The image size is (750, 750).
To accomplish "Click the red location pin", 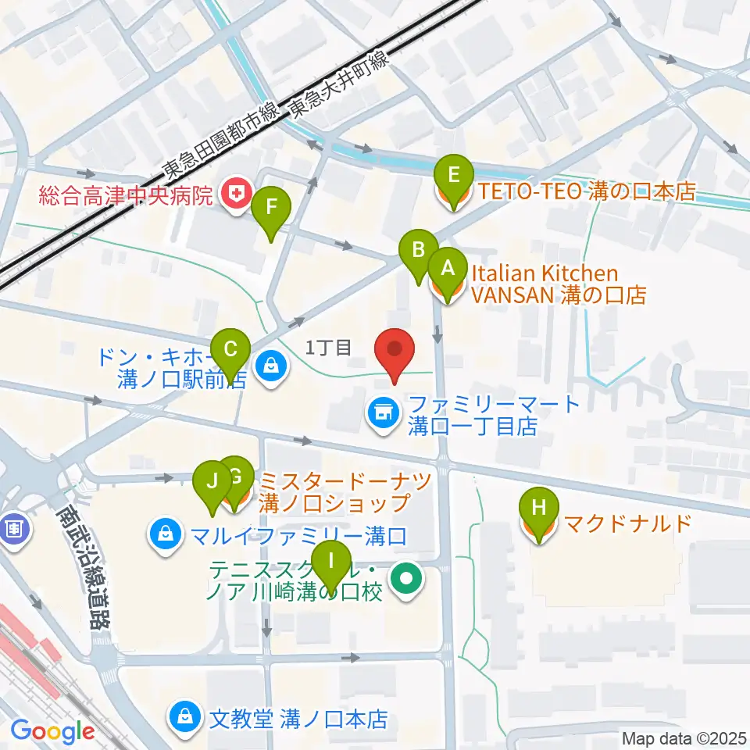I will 395,353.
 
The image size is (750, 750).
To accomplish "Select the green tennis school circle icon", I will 407,579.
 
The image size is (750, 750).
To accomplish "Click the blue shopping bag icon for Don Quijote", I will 270,366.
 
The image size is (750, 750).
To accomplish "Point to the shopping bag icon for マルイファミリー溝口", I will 166,536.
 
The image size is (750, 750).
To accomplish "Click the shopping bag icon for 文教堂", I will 185,716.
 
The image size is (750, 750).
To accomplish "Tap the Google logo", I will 52,732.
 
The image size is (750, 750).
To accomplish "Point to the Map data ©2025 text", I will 684,737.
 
